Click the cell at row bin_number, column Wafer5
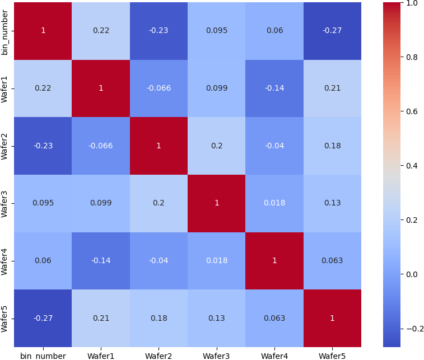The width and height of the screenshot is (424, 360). coord(332,30)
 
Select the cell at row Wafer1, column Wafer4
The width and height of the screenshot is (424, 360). coord(274,88)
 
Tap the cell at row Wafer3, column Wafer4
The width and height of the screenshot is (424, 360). coord(274,203)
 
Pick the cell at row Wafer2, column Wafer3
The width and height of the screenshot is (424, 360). coord(217,146)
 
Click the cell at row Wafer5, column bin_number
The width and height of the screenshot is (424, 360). coord(43,318)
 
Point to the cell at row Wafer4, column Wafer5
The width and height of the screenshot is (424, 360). coord(332,260)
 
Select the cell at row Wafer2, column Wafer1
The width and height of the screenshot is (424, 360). coord(101,146)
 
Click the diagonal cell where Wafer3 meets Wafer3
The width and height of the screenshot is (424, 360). coord(217,203)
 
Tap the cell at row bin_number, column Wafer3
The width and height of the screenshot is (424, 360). coord(217,30)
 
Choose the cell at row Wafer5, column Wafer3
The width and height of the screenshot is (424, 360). coord(217,318)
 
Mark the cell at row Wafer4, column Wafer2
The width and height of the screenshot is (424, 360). coord(159,260)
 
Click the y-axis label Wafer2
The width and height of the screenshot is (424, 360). coord(5,146)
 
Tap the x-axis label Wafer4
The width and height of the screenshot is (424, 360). coord(274,356)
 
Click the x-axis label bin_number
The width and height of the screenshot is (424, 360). coord(43,356)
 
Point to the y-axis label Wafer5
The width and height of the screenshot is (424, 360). coord(5,318)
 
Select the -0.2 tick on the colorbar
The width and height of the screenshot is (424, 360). coord(412,328)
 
